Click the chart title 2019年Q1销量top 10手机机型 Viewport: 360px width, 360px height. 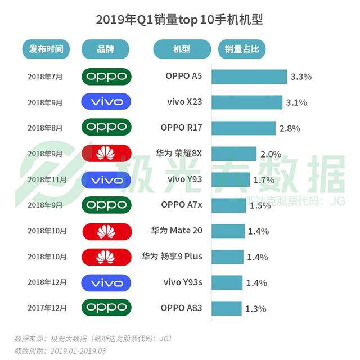(180, 21)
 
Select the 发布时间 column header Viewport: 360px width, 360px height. (46, 49)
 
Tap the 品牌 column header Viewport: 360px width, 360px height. (106, 49)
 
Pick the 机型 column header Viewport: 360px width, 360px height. (182, 49)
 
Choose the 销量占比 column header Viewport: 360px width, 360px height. (242, 49)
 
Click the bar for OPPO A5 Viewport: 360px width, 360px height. (249, 76)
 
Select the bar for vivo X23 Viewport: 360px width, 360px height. (246, 102)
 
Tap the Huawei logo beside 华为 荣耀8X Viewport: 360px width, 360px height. (106, 154)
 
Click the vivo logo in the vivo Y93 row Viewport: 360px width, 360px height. (106, 179)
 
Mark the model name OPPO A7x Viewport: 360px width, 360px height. (181, 205)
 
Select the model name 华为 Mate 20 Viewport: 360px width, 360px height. (177, 231)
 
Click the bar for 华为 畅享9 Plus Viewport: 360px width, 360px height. (227, 256)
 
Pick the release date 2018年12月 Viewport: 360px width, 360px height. (47, 282)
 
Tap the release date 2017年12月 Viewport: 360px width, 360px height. (47, 308)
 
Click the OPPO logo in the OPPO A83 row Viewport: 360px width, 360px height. (106, 308)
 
